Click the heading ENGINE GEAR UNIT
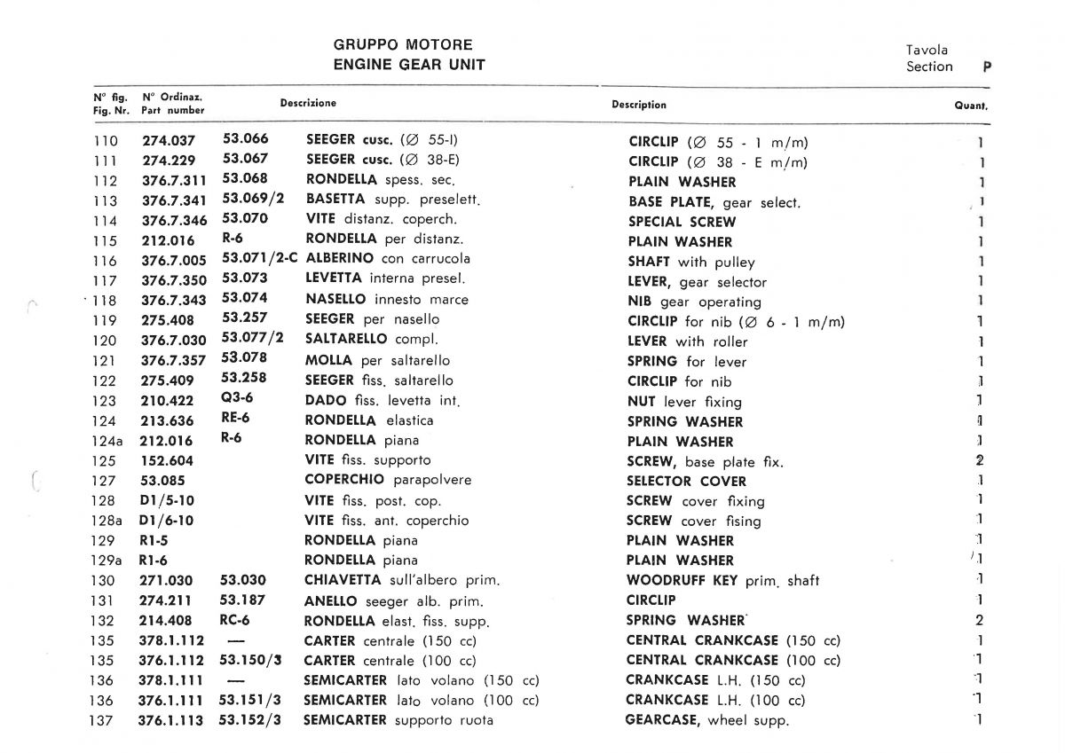coord(409,65)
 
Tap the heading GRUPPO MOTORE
coord(403,44)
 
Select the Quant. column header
coord(971,105)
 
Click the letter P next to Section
coord(987,67)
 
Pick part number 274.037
coord(168,141)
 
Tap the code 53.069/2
coord(253,199)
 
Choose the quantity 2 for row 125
coord(980,460)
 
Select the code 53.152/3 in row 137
coord(250,720)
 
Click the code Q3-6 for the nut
coord(237,399)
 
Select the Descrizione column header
coord(308,103)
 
